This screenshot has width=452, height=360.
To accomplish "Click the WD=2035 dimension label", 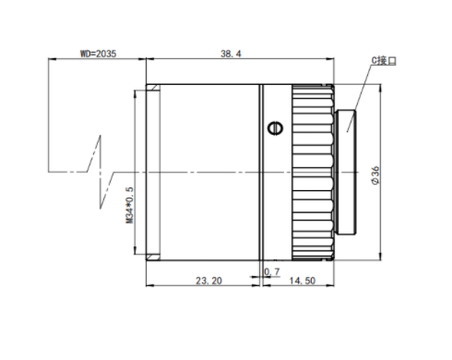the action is click(99, 54).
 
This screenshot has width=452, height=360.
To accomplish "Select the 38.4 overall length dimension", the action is click(231, 54).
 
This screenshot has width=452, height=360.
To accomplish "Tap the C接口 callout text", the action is click(384, 61).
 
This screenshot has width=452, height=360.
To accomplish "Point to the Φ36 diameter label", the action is click(375, 175).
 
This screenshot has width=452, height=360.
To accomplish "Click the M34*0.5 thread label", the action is click(130, 205).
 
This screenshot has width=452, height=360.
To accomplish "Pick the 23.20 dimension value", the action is click(208, 281).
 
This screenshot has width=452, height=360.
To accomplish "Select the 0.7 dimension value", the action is click(272, 271).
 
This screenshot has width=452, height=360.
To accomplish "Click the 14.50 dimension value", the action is click(303, 281).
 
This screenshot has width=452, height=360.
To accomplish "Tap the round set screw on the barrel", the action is click(275, 128).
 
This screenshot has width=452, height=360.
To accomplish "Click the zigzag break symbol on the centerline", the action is click(101, 172).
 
